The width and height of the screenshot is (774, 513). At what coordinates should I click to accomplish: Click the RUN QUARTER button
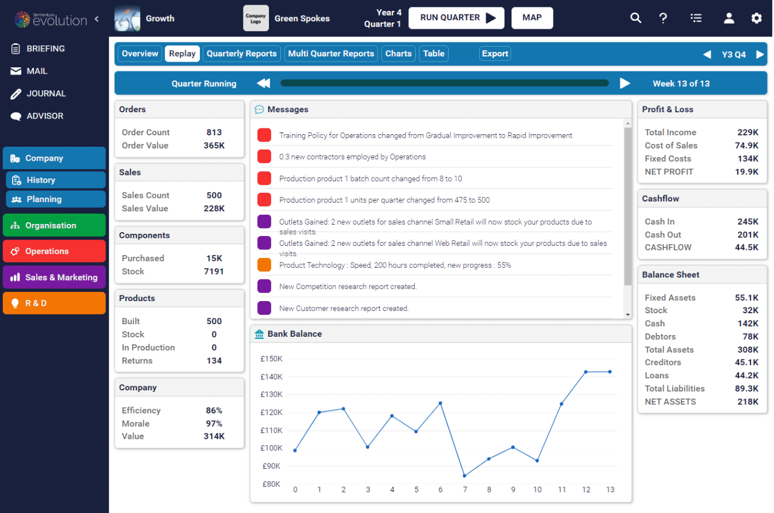456,18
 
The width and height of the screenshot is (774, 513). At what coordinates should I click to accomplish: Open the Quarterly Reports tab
241,54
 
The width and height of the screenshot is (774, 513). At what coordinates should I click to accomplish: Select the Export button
495,54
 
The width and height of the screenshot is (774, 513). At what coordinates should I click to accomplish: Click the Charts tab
398,54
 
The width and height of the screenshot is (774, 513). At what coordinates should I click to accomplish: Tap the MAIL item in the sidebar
37,71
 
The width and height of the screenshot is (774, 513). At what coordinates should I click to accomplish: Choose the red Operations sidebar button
54,251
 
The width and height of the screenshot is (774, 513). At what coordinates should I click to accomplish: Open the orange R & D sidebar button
54,303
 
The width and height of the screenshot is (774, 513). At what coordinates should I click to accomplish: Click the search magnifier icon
635,18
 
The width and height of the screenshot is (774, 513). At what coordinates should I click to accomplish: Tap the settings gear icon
756,18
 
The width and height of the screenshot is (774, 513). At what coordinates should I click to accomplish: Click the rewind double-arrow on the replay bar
263,83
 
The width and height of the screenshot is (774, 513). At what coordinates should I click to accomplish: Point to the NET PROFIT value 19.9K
748,172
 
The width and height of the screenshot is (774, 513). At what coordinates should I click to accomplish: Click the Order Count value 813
214,132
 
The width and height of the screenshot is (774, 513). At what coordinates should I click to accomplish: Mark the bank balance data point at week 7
464,476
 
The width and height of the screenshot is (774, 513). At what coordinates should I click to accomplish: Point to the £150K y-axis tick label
271,359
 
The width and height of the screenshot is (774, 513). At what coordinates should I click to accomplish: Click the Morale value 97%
214,424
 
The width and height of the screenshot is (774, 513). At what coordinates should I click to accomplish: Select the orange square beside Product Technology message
264,265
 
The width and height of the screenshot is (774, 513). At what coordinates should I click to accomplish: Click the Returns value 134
214,361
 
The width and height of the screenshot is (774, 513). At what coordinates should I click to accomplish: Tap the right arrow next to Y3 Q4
760,55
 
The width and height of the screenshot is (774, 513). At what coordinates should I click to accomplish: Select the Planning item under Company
55,199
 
